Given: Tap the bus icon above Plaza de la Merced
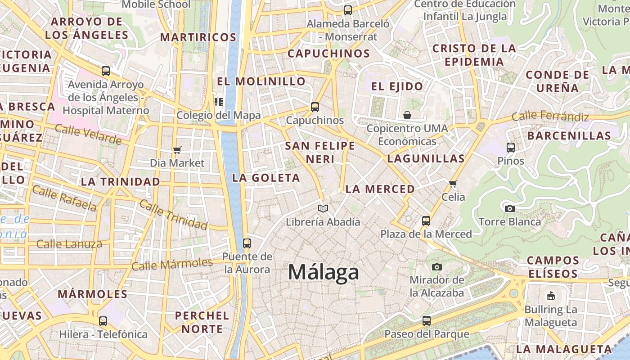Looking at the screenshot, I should click(426, 221).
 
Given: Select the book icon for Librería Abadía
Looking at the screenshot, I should click(323, 208).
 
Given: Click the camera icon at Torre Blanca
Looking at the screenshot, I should click(509, 208).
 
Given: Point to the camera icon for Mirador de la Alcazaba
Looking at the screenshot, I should click(436, 267).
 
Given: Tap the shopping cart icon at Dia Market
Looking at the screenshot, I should click(177, 150).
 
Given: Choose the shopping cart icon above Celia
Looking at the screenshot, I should click(453, 184).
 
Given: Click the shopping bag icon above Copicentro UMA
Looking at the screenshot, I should click(407, 115).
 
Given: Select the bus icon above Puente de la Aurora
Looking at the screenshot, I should click(247, 243).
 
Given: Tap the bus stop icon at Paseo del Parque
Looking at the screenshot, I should click(426, 321).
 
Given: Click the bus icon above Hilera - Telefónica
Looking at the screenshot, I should click(103, 321).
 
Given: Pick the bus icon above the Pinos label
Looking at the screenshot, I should click(511, 147).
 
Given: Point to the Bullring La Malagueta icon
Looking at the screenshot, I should click(550, 296).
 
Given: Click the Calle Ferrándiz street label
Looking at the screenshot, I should click(550, 116).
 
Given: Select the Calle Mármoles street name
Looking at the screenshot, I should click(172, 264).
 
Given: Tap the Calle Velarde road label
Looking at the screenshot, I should click(88, 135).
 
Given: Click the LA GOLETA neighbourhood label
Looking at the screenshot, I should click(266, 178).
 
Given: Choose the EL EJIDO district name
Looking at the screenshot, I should click(397, 86).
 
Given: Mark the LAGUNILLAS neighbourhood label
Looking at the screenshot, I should click(426, 158).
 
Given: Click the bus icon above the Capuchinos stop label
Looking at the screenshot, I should click(315, 107).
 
